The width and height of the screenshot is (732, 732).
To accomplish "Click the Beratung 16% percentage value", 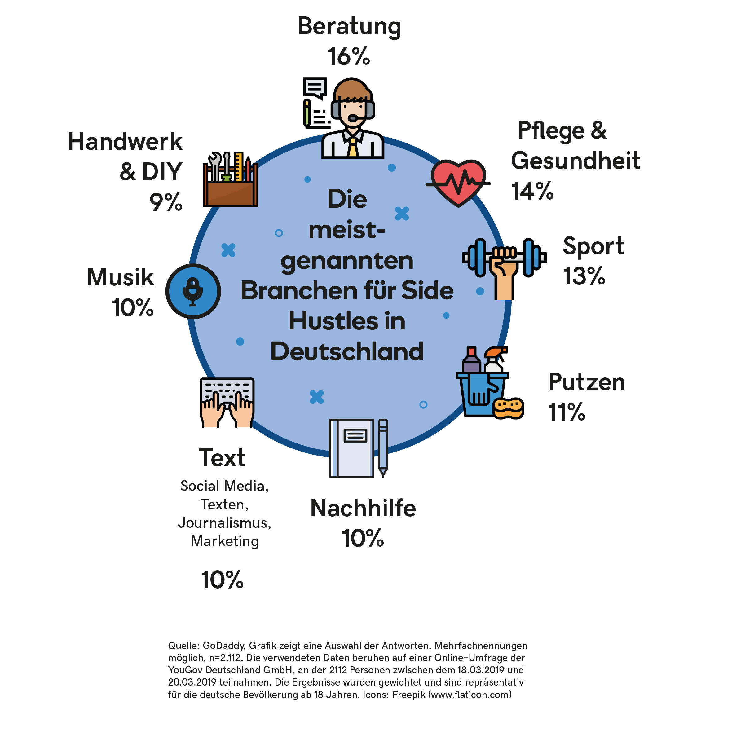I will click(349, 57).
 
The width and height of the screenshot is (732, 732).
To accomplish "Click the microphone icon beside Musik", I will click(193, 291).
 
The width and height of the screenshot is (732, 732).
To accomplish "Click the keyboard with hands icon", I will click(227, 402).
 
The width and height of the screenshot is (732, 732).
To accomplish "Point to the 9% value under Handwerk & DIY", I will click(166, 202).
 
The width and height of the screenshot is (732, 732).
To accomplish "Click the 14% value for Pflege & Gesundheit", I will click(532, 191).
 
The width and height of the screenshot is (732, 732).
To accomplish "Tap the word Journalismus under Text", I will click(225, 523).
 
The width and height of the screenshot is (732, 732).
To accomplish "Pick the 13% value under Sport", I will click(584, 276).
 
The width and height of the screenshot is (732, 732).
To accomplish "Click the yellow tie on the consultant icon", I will click(353, 148).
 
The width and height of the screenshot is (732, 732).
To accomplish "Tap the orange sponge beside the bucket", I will click(509, 408).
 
